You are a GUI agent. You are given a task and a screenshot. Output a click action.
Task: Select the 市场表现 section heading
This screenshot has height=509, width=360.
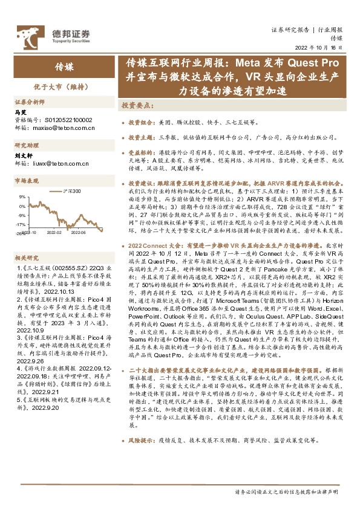click(27, 181)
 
